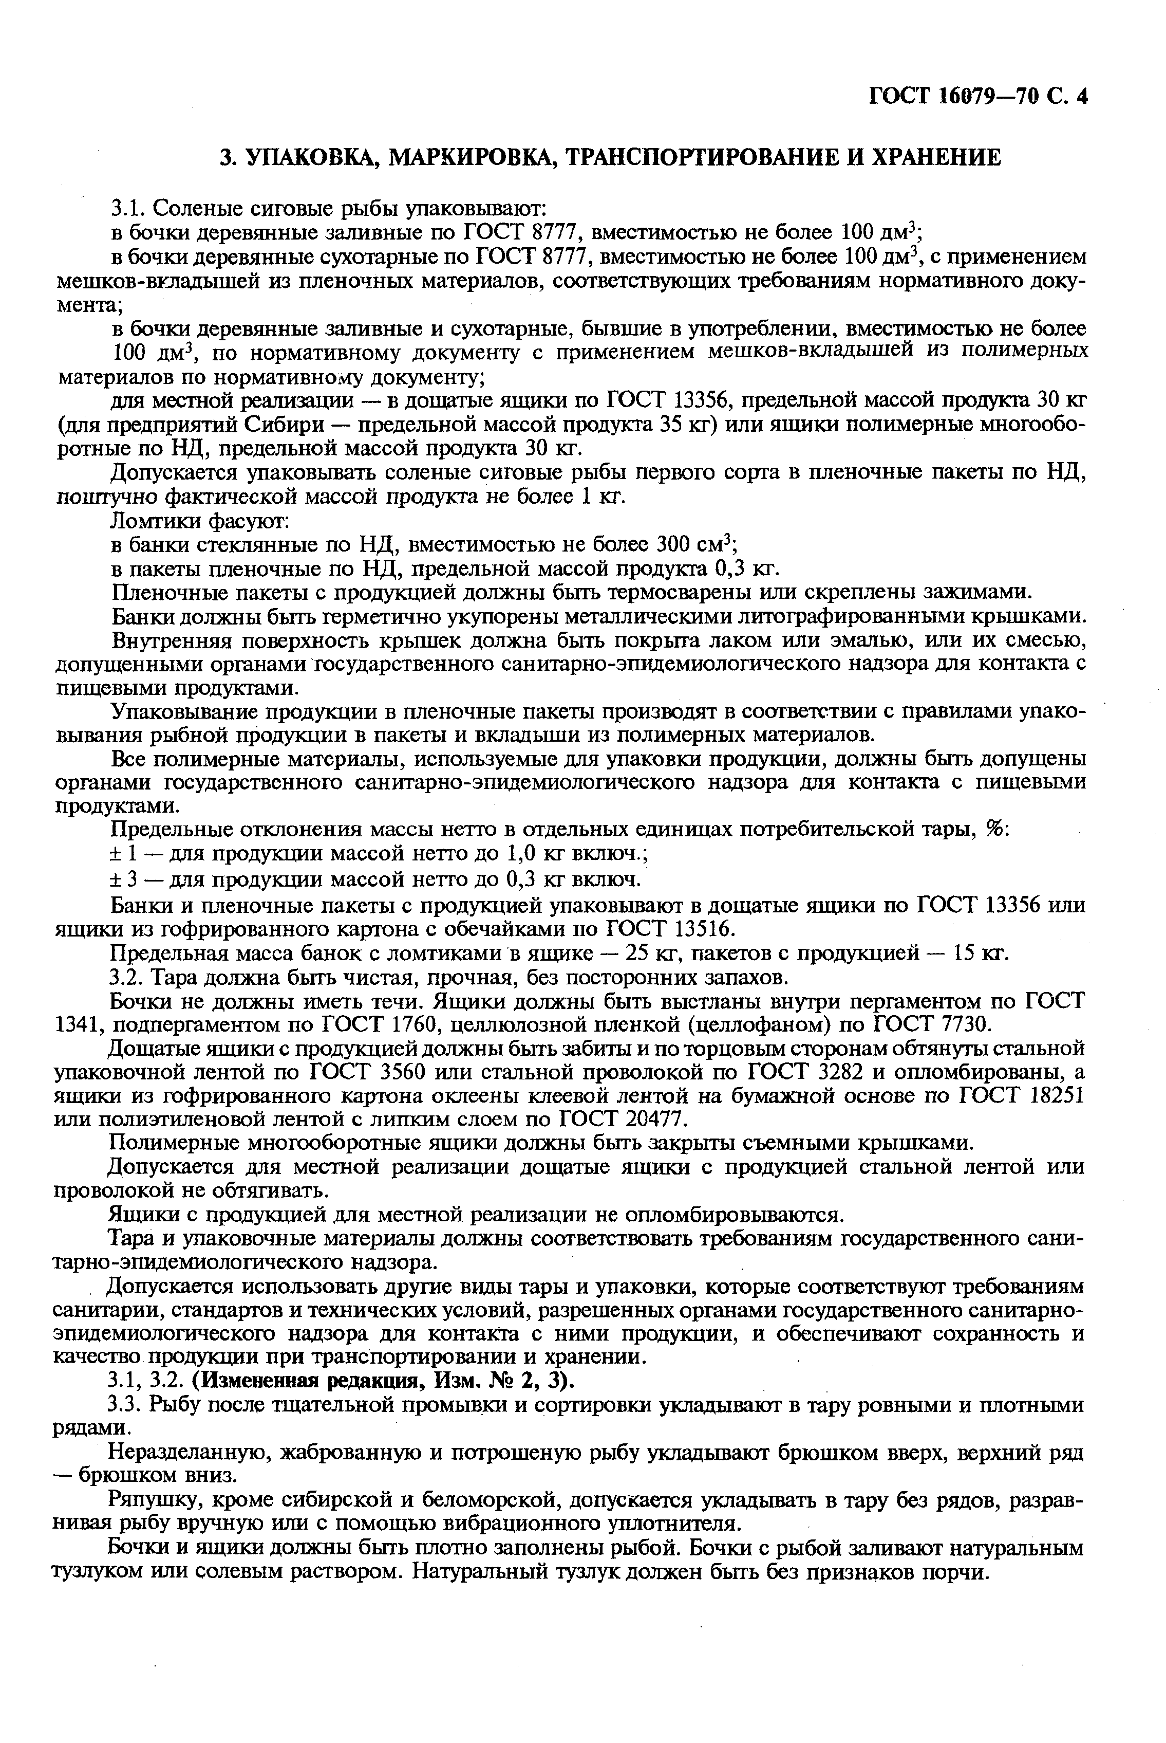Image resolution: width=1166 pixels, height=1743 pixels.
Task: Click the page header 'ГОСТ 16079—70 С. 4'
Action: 978,97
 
